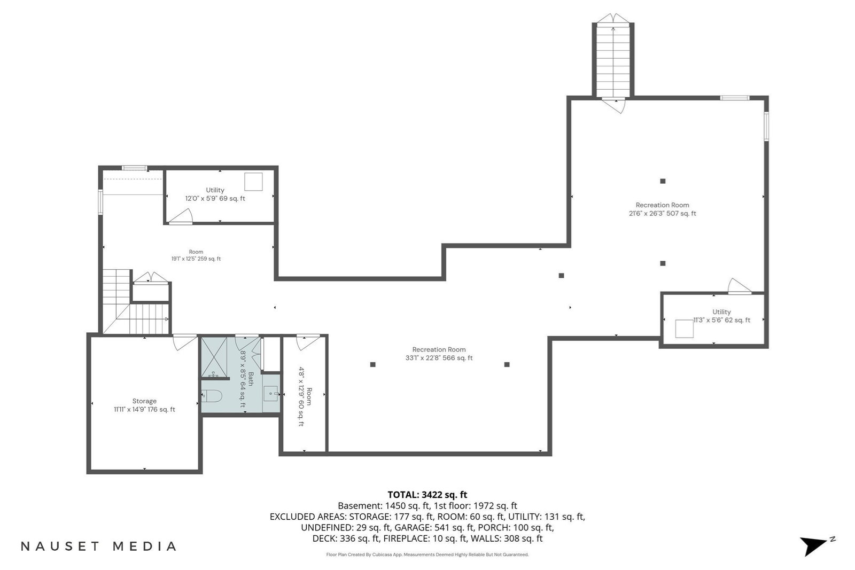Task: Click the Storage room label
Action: coord(144,405)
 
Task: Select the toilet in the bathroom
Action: coord(212,396)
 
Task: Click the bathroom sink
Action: coord(271,393)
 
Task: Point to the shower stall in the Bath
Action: coord(214,357)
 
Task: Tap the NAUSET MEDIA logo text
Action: coord(98,546)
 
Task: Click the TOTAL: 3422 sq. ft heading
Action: coord(427,495)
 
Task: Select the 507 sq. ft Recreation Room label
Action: coord(662,209)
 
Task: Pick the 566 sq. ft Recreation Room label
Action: coord(439,354)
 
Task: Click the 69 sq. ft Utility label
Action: coord(215,194)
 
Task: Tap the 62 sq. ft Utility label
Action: coord(721,316)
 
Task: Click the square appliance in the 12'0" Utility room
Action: coord(253,182)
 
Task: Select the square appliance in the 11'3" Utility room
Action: coord(685,329)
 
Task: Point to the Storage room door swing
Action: coord(185,342)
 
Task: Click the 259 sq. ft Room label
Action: coord(196,255)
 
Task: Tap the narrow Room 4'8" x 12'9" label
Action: coord(305,397)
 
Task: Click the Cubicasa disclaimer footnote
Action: coord(427,555)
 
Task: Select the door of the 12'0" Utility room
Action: coord(181,216)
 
